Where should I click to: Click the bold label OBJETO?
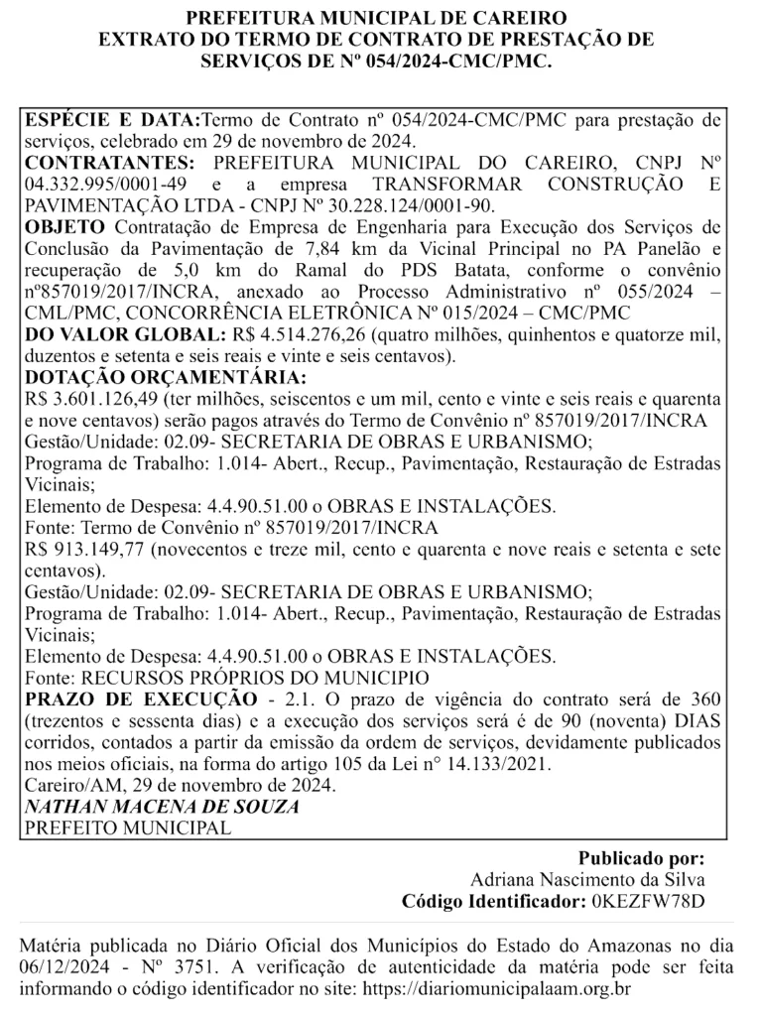pyautogui.click(x=63, y=227)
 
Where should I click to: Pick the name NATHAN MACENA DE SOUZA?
pyautogui.click(x=162, y=807)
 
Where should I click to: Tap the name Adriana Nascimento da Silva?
pyautogui.click(x=587, y=880)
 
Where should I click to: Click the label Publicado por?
pyautogui.click(x=642, y=859)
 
